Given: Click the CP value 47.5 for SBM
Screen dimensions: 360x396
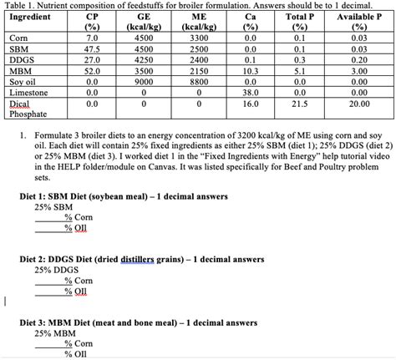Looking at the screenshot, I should click(92, 49).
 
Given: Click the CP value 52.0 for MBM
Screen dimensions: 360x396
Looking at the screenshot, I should click(92, 72).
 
